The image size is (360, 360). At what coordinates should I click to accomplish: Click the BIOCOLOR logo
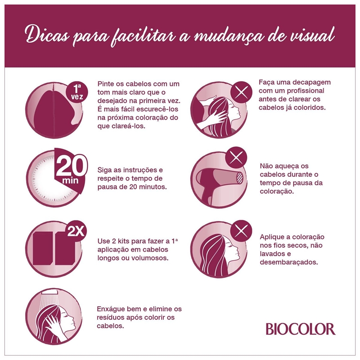coord(301,329)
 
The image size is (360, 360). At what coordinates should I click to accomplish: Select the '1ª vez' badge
coord(77,92)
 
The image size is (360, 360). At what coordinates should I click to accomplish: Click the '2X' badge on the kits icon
coord(76,231)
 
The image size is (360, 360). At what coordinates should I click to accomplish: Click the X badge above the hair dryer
coord(236,158)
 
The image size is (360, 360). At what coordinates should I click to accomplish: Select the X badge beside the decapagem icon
coord(241,92)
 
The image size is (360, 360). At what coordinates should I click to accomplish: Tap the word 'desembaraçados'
coord(289,262)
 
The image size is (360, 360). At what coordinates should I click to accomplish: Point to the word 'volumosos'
coord(150,258)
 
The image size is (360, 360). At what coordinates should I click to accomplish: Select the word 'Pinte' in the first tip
coord(105,84)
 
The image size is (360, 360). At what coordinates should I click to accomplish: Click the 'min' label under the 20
coord(70,180)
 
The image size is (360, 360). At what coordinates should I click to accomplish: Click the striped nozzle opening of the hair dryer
coord(239,177)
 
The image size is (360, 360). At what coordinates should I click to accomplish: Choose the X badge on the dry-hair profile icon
coord(241,231)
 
